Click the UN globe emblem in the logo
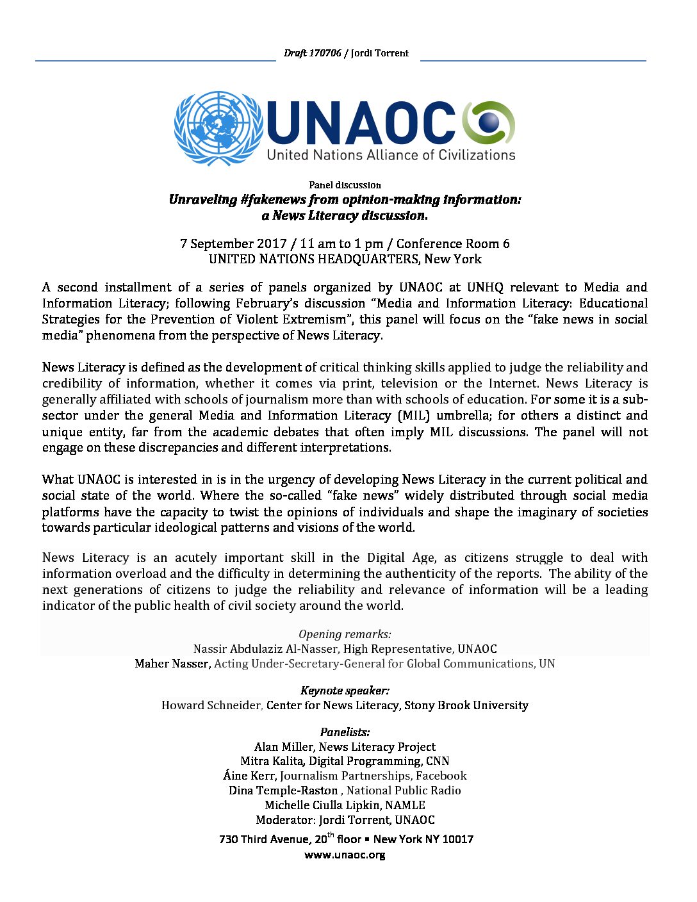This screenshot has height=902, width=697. tap(218, 128)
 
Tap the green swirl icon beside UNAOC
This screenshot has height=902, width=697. tap(489, 122)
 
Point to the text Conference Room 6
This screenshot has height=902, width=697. tap(453, 243)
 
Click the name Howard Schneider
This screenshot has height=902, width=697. tap(211, 705)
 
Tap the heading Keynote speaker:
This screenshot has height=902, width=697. tap(345, 691)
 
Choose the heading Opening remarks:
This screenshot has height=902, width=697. tap(345, 634)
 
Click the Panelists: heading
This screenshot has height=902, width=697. tap(345, 732)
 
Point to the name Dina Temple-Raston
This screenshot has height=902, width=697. tap(283, 791)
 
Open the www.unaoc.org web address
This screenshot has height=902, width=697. tap(345, 855)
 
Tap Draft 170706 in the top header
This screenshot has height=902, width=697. tap(312, 53)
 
